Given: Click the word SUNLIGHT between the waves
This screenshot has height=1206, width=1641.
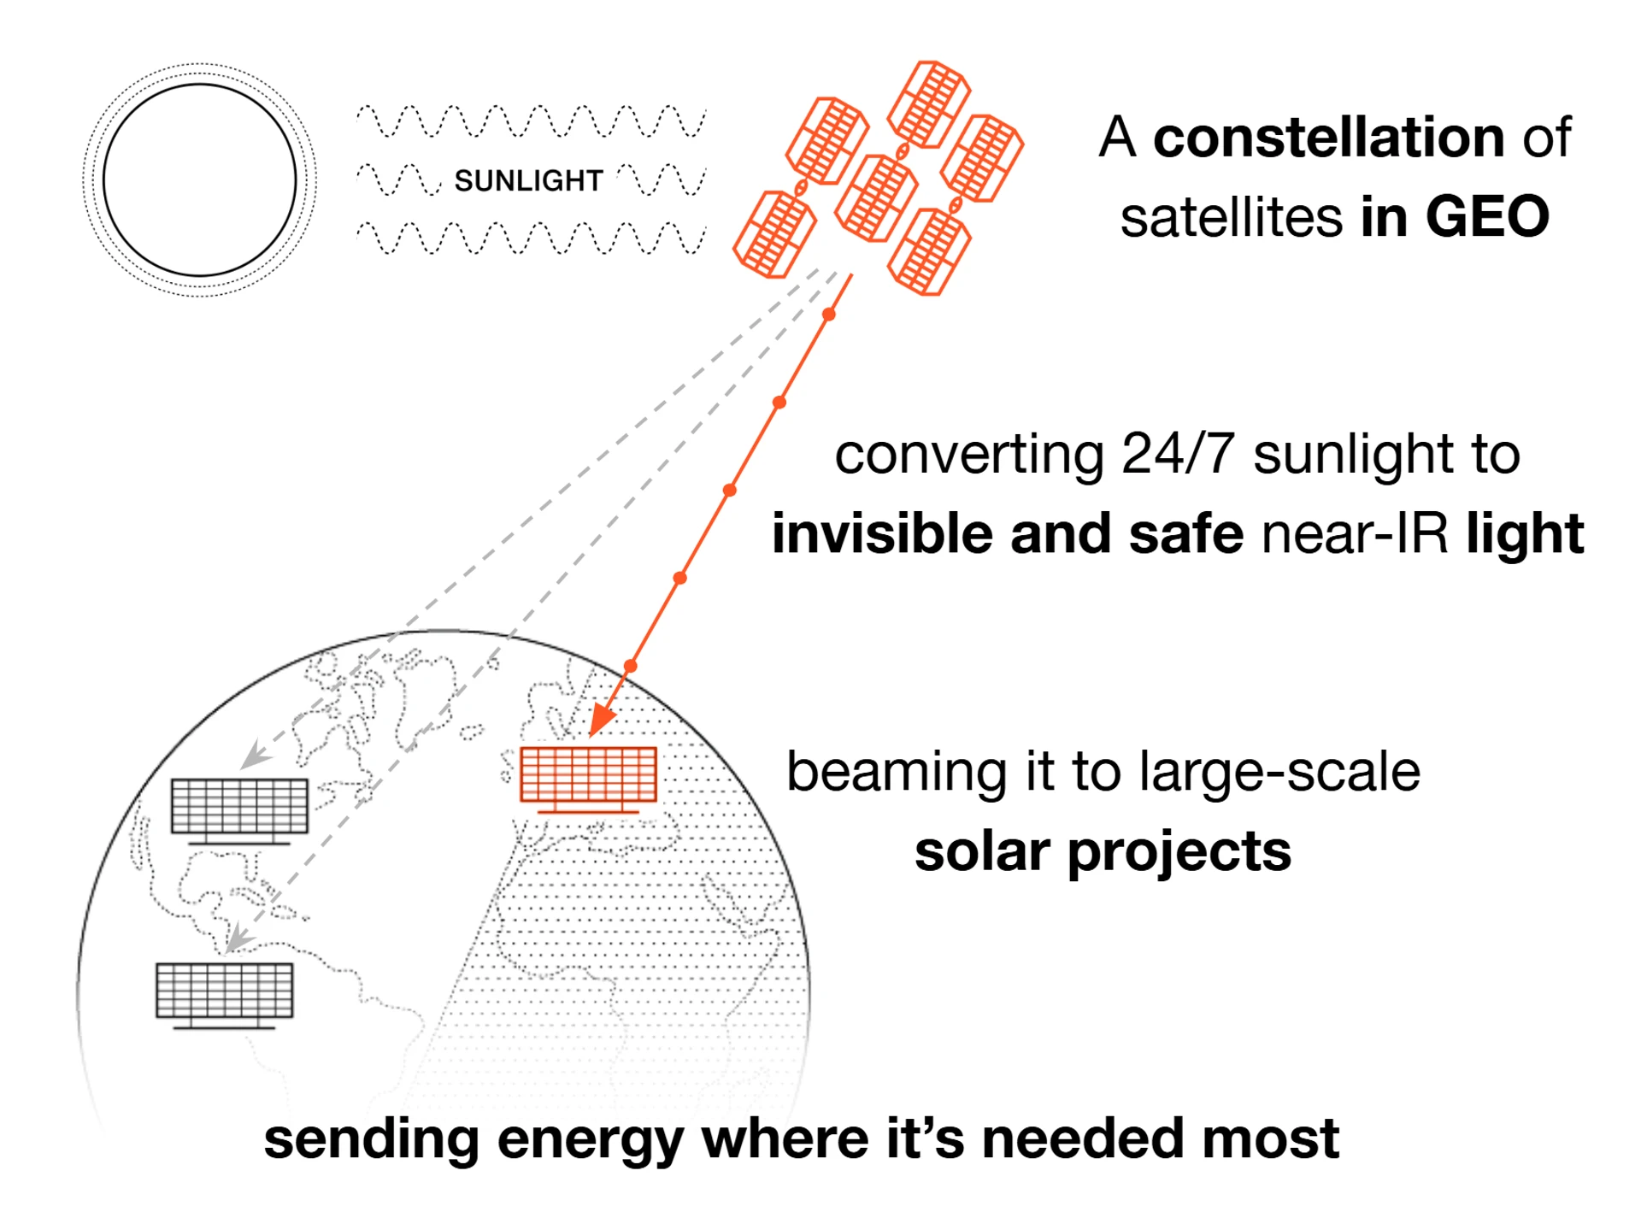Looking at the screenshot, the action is click(528, 180).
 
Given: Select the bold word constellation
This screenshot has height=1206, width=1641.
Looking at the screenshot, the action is click(1329, 137).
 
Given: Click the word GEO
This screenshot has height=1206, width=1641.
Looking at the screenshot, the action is click(1487, 216).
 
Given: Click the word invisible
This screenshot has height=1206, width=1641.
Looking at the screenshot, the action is click(880, 533).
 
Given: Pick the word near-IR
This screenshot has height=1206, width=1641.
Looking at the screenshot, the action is click(1355, 533).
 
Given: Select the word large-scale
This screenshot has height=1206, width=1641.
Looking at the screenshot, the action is click(1279, 772).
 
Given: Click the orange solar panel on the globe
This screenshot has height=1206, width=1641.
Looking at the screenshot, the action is click(588, 779).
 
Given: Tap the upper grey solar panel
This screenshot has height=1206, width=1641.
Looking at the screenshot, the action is click(239, 810).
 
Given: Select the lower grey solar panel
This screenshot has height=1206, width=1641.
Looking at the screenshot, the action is click(225, 995).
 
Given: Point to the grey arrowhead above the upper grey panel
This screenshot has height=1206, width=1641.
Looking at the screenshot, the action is click(254, 756).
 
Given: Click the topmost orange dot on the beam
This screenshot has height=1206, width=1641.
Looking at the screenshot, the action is click(829, 315).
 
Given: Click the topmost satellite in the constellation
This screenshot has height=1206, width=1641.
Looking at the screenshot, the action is click(929, 104).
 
